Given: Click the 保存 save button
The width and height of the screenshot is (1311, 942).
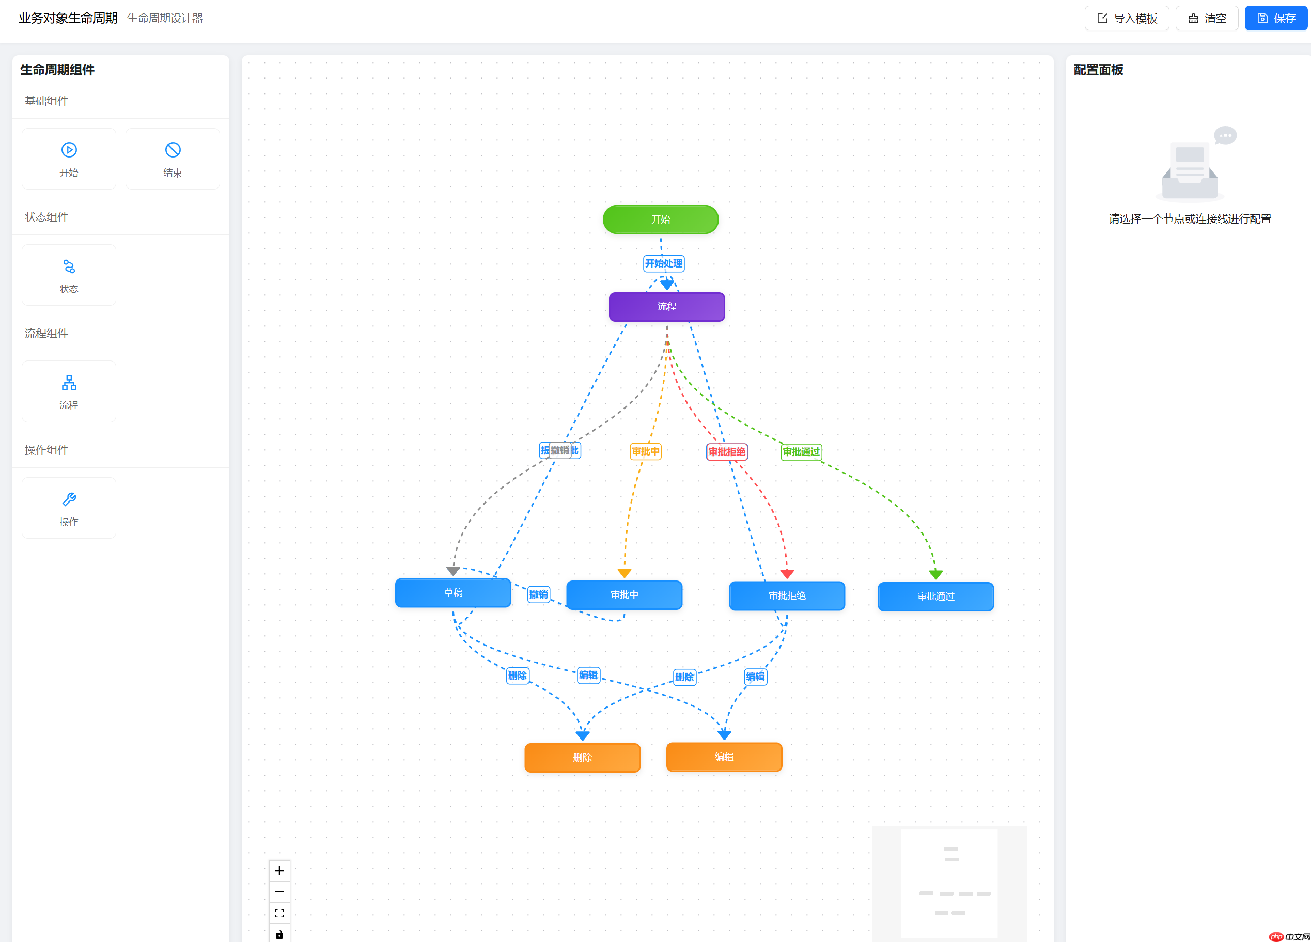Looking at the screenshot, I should [1276, 19].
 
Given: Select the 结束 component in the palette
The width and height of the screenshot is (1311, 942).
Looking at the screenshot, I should [172, 159].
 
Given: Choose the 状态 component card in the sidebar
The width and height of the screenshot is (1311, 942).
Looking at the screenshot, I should [69, 275].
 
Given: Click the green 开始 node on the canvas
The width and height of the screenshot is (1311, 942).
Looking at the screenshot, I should [660, 219].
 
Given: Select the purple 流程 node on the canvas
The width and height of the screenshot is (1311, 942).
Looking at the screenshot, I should [666, 307].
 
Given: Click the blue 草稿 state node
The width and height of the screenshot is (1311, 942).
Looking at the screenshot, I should [452, 593].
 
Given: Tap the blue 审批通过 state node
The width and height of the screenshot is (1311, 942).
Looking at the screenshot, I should [935, 596].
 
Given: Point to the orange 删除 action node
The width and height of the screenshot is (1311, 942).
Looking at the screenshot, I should [582, 758].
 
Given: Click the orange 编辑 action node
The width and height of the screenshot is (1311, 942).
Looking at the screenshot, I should [724, 757].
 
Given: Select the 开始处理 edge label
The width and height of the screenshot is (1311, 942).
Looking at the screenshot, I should [664, 263].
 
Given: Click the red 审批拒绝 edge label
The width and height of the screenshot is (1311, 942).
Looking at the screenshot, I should [727, 452].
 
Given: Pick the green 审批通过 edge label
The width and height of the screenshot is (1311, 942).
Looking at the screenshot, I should [801, 452].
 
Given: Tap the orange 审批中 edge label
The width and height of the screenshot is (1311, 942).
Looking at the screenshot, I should [645, 451].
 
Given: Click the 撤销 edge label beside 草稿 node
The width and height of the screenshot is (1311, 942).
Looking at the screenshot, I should [538, 594].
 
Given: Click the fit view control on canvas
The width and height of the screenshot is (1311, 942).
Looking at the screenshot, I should [279, 913].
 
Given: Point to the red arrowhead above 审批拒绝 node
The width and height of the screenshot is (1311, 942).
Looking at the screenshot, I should [787, 574].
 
